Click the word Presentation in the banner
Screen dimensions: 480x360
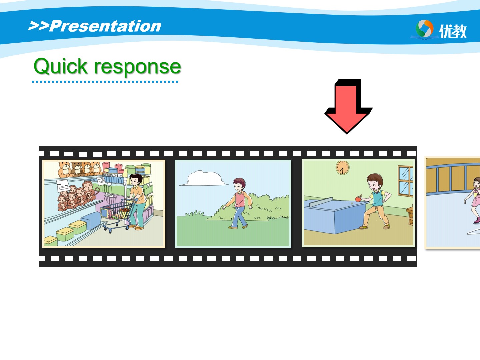tap(105, 26)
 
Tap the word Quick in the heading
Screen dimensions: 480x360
tap(61, 66)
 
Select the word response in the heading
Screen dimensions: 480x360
tap(137, 67)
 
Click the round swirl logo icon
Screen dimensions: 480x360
tap(424, 28)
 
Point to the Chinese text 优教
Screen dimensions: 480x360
tap(453, 31)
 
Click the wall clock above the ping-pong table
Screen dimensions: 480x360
tap(342, 167)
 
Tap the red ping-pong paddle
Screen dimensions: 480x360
tap(359, 198)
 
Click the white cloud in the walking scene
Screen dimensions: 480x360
tap(204, 178)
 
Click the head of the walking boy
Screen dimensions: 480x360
tap(239, 185)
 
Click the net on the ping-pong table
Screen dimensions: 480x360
tap(321, 202)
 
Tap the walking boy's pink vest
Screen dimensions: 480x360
tap(240, 199)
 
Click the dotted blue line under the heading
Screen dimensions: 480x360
tap(105, 82)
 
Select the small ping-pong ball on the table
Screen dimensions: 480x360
tap(352, 203)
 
